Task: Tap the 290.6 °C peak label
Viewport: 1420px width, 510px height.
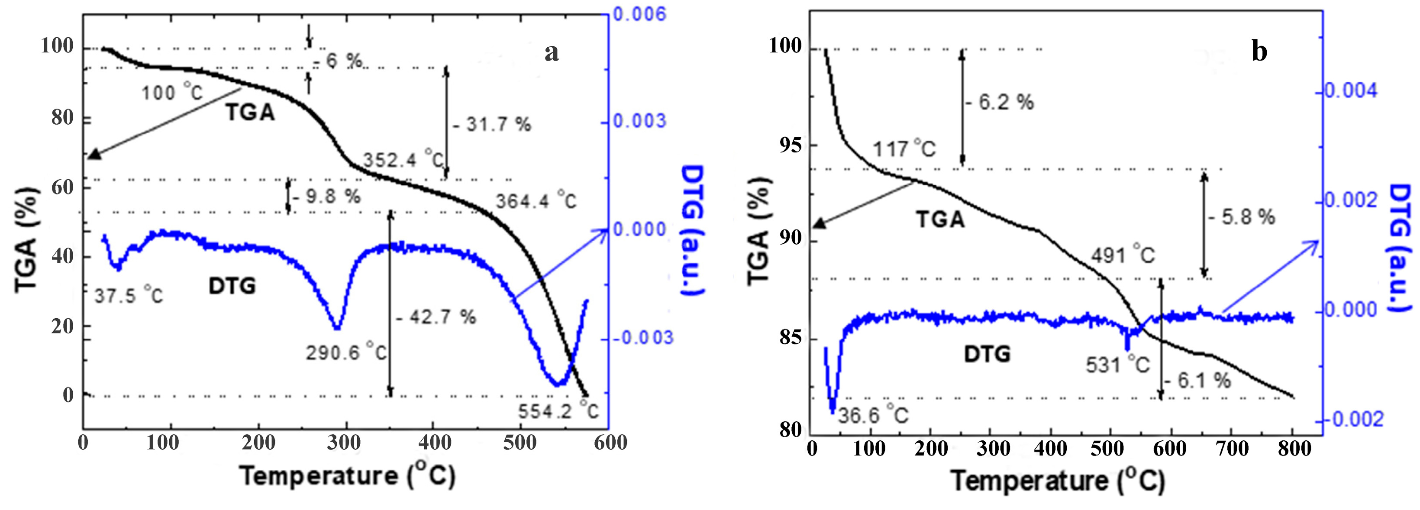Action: (x=346, y=352)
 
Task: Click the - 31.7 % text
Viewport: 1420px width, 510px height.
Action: (x=492, y=125)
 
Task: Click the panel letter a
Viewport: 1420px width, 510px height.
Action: (x=551, y=53)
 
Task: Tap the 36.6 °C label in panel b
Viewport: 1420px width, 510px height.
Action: (x=873, y=415)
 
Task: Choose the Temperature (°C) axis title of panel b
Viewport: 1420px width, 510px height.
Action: (x=1058, y=481)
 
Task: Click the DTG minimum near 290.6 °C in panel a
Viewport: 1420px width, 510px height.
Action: (x=337, y=329)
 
